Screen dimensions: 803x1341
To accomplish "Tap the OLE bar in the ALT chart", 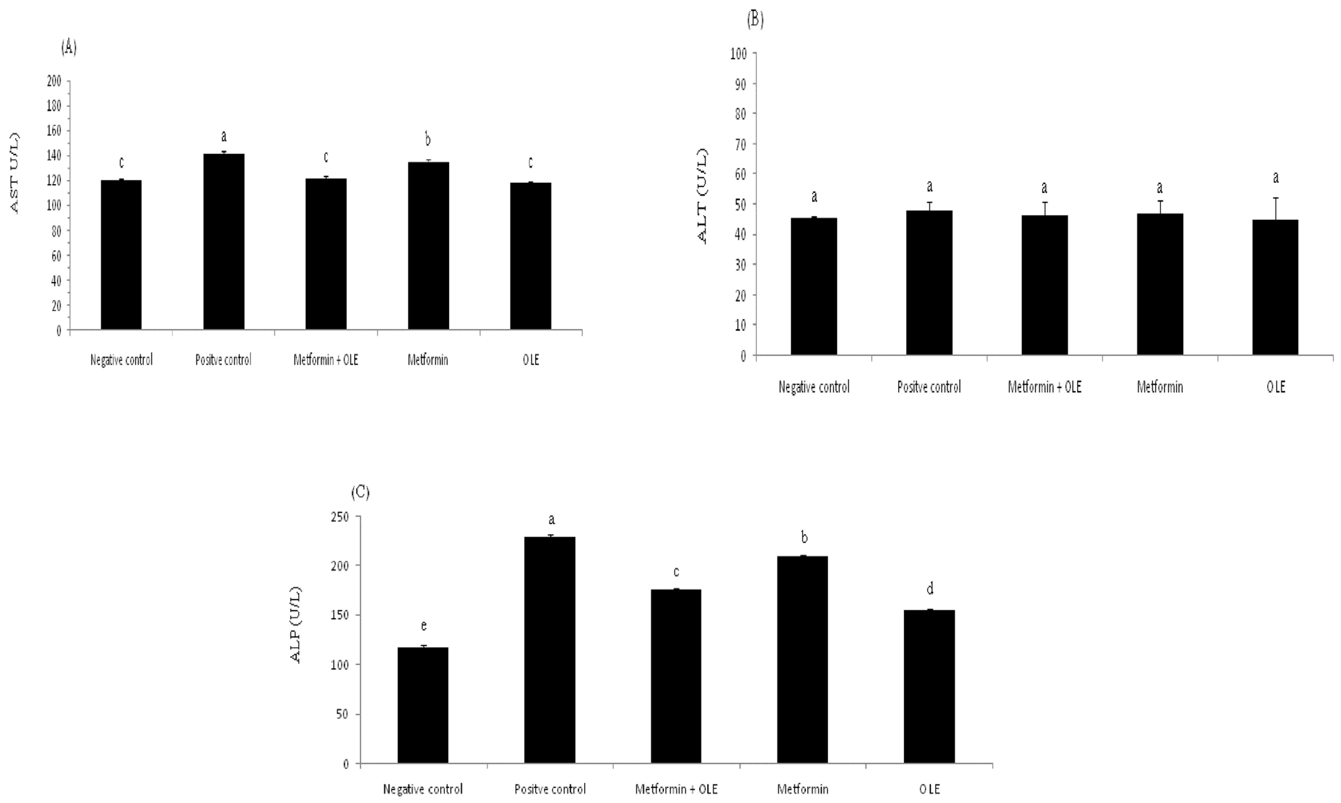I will click(x=1275, y=287).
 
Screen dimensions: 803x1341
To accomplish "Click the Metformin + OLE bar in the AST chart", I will click(x=326, y=254).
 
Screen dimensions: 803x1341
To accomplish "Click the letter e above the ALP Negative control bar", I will click(x=424, y=626).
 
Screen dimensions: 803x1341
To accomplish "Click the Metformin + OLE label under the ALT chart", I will click(x=1044, y=387).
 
